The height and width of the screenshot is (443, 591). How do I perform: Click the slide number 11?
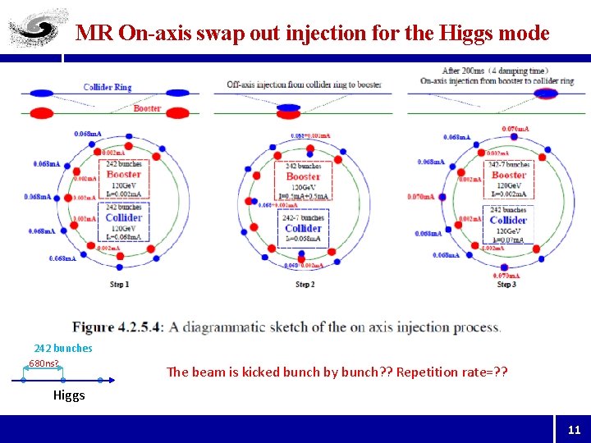tap(574, 429)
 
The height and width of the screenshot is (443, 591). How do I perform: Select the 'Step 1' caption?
tap(120, 285)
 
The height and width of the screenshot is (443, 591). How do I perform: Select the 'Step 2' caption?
tap(303, 285)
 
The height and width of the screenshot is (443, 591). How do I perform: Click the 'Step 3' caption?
tap(506, 285)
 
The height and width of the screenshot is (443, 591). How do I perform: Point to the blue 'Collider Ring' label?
tap(107, 87)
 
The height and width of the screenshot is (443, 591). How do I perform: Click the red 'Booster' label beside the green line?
tap(147, 107)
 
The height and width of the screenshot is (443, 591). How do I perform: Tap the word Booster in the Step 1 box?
tap(124, 174)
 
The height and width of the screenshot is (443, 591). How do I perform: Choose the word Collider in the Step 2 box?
tap(303, 228)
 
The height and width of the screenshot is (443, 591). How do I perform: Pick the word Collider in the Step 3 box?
tap(508, 220)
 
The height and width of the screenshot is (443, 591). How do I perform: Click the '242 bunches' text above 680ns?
tap(63, 348)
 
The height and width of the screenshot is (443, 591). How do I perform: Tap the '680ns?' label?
tap(44, 363)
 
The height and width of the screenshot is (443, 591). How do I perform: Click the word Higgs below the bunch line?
tap(69, 395)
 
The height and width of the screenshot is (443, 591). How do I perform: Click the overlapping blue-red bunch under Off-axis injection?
tap(288, 109)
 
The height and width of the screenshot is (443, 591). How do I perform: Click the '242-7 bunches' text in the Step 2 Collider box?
tap(303, 217)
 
